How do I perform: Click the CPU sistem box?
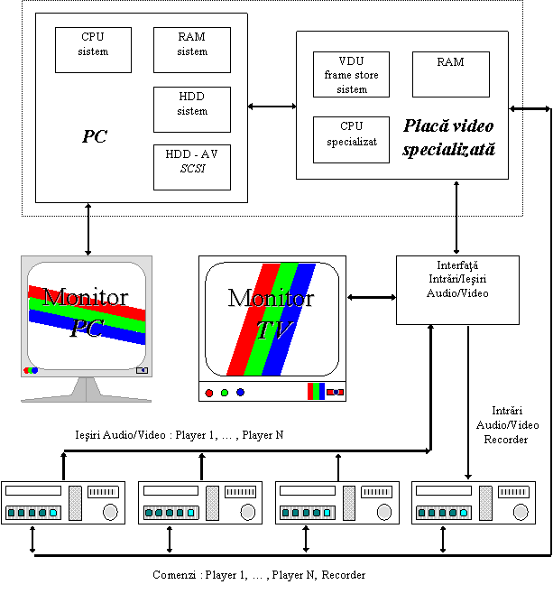[93, 50]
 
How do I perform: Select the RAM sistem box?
[192, 50]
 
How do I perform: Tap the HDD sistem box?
[192, 109]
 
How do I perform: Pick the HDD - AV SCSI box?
[192, 167]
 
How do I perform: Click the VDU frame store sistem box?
[351, 75]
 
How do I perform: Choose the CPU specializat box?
[351, 140]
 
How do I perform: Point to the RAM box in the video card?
[451, 75]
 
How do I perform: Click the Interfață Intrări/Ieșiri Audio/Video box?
[457, 290]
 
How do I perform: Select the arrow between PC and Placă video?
[272, 107]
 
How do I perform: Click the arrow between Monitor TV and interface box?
[372, 297]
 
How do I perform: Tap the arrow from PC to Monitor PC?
[88, 229]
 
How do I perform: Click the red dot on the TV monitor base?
[209, 393]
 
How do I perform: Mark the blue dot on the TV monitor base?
[240, 392]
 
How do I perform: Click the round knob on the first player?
[110, 512]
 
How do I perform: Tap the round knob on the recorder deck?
[521, 512]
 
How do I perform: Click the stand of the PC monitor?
[87, 389]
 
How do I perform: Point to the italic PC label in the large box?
[95, 136]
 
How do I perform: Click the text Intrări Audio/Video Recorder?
[507, 425]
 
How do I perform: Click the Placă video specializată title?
[449, 137]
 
